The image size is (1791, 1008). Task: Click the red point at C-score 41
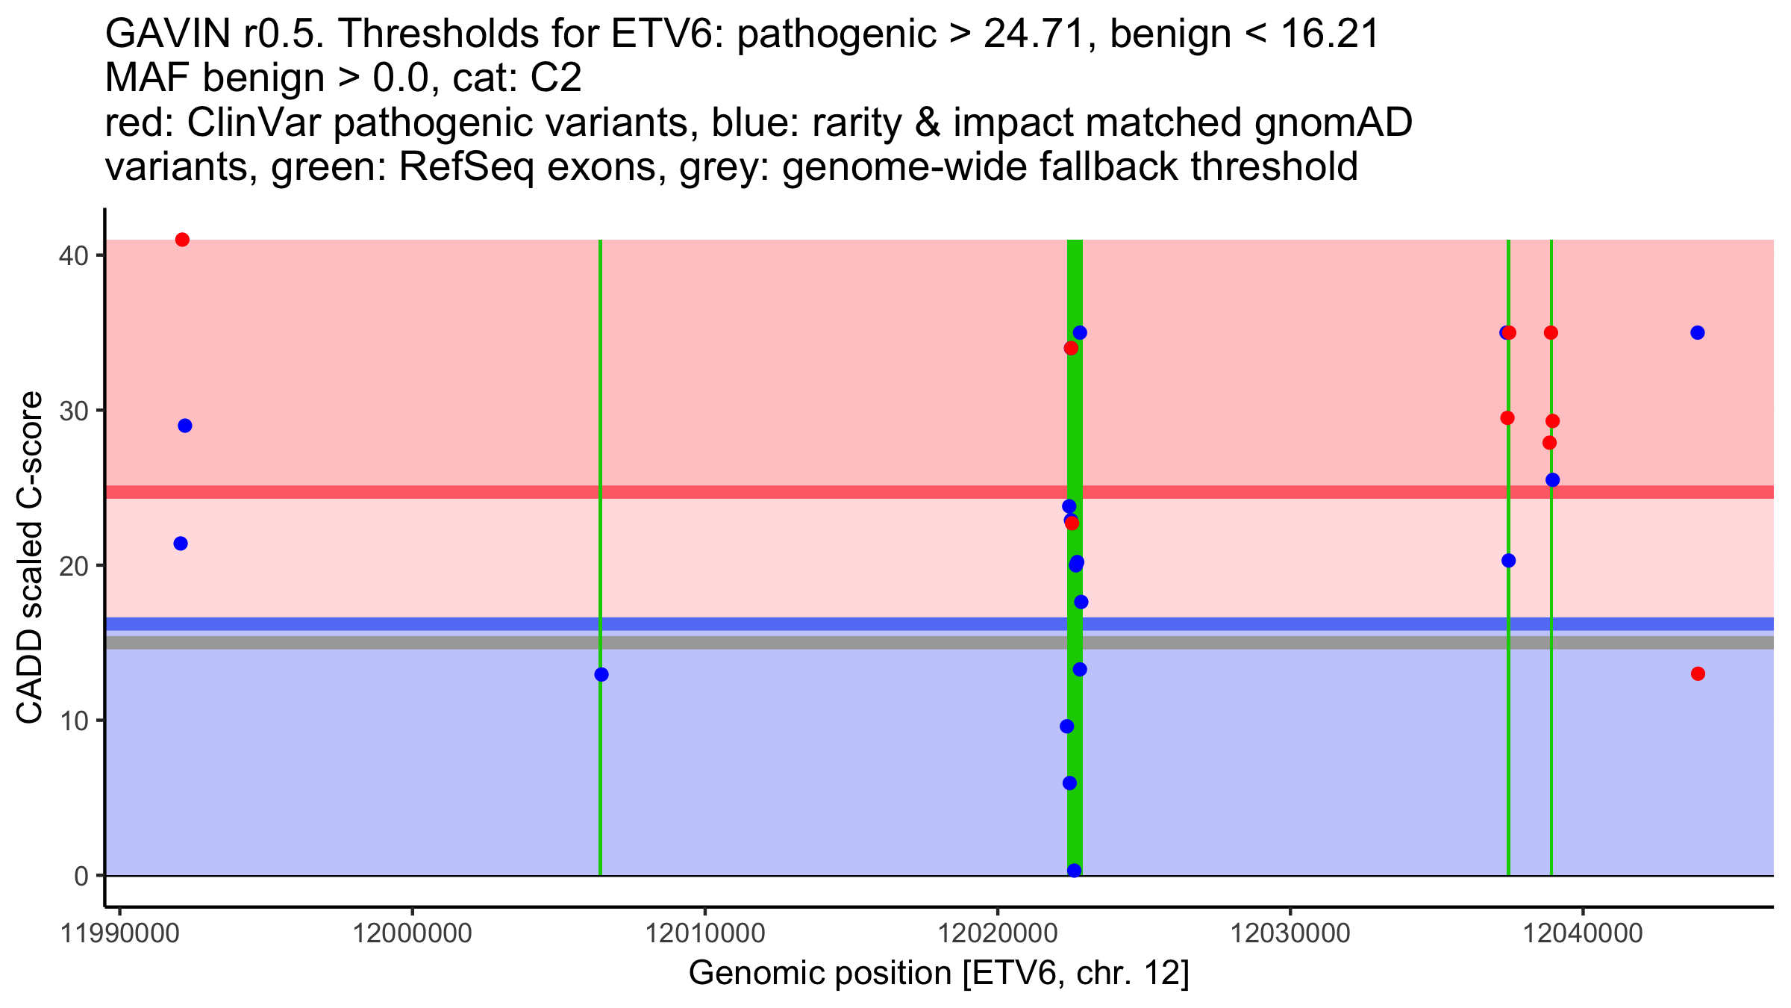coord(182,240)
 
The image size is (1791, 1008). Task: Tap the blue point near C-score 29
coord(185,426)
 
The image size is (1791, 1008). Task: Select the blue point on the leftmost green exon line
coord(601,674)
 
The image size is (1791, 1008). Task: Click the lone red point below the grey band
coord(1698,673)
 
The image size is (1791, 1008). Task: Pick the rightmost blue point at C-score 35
coord(1698,332)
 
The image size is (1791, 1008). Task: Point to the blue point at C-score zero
coord(1075,871)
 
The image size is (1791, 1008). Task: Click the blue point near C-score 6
coord(1069,783)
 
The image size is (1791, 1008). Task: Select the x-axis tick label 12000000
coord(411,933)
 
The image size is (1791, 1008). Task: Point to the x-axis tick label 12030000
coord(1289,933)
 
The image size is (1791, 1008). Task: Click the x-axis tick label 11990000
coord(119,933)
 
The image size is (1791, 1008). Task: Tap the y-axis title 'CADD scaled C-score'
coord(30,559)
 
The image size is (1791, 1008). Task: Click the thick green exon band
coord(1075,557)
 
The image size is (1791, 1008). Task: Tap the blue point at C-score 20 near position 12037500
coord(1509,561)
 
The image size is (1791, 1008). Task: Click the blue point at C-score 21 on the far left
coord(181,544)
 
